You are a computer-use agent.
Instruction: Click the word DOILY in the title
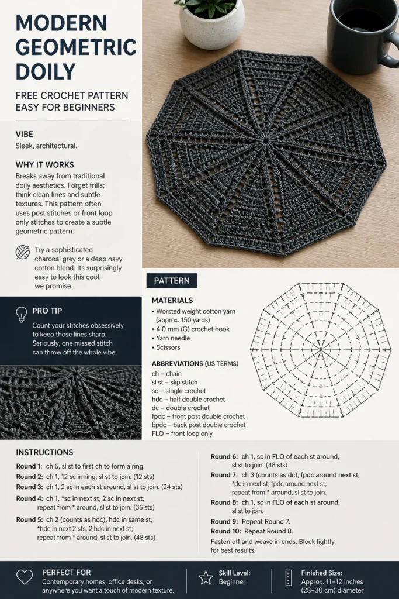[x=46, y=71]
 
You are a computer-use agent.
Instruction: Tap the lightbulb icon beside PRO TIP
[x=22, y=314]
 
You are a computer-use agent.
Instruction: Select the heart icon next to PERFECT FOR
[x=25, y=577]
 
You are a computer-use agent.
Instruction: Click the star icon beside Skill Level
[x=206, y=577]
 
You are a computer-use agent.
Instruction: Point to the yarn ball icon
[x=23, y=252]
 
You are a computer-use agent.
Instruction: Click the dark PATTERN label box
[x=172, y=280]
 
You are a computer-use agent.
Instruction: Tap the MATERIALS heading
[x=172, y=300]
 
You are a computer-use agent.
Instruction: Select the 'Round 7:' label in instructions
[x=224, y=475]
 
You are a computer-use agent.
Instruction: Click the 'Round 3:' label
[x=29, y=487]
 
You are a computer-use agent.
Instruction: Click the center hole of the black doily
[x=265, y=140]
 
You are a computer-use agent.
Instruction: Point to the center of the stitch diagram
[x=321, y=350]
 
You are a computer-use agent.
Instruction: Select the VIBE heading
[x=25, y=134]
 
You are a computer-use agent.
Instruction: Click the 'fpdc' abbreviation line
[x=199, y=416]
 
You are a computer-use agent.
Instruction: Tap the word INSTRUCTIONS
[x=44, y=452]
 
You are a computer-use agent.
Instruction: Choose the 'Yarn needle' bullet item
[x=171, y=338]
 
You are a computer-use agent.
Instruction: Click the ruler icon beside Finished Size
[x=289, y=577]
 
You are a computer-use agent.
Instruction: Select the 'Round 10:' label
[x=226, y=531]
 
